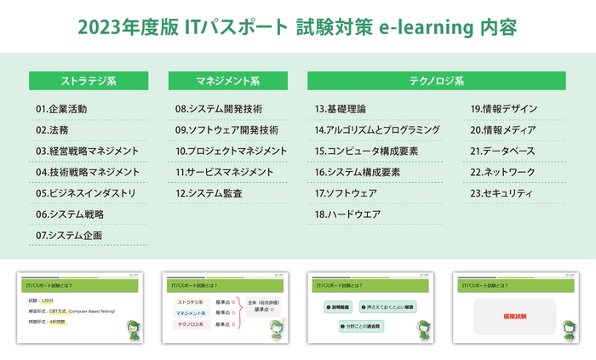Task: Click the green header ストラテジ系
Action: click(x=89, y=82)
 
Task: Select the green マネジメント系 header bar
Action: click(x=227, y=82)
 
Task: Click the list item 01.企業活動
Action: click(x=61, y=109)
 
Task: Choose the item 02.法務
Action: click(x=52, y=130)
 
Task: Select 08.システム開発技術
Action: click(x=218, y=109)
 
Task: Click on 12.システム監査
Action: click(x=209, y=193)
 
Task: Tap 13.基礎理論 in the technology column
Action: click(x=341, y=109)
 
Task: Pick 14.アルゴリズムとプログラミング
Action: click(x=377, y=130)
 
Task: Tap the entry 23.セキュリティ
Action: click(x=501, y=193)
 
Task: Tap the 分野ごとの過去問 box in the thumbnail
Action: click(x=364, y=326)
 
